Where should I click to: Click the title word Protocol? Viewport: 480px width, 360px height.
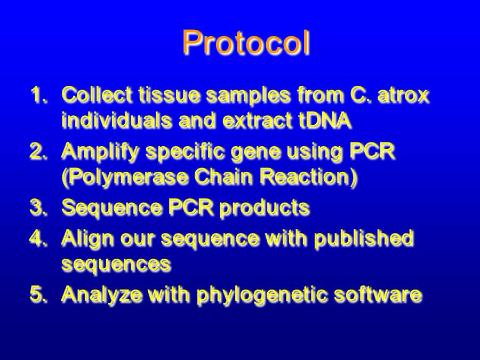click(246, 42)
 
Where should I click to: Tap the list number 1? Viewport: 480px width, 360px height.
click(38, 94)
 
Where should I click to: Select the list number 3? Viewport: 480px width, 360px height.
click(38, 207)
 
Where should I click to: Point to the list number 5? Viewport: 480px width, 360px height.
click(38, 294)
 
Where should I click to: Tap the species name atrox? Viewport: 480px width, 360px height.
click(403, 95)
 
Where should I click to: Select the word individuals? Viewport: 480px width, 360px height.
click(116, 119)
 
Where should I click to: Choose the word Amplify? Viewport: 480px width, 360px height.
click(100, 151)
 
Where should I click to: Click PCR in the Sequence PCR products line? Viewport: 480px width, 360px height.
click(190, 207)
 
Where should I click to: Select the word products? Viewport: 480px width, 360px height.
click(264, 208)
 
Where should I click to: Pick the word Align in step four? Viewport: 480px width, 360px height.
click(87, 238)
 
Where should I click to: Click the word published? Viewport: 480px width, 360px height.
click(364, 238)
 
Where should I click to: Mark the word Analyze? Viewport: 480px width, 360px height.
click(102, 294)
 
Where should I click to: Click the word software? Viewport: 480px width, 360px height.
click(378, 294)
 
